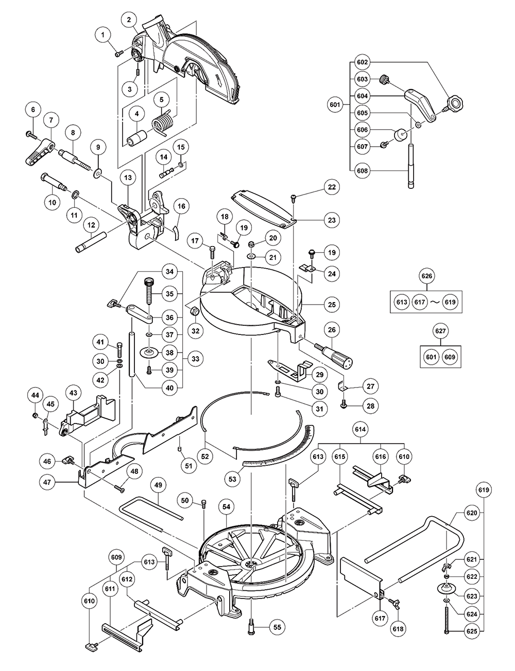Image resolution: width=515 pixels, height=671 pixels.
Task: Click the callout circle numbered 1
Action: click(x=103, y=35)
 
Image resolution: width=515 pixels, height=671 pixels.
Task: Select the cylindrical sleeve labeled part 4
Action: click(x=138, y=139)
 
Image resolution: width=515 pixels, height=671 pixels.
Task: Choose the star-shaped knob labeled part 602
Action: click(x=454, y=104)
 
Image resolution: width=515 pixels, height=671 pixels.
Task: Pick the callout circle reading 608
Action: click(x=363, y=171)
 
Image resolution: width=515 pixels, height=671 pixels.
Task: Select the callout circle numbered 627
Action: click(x=440, y=331)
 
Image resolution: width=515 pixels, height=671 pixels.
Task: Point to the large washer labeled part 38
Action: click(x=149, y=352)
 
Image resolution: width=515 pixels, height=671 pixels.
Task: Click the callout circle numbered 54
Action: click(x=227, y=507)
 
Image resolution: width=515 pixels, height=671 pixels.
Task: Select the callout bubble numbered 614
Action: click(x=360, y=429)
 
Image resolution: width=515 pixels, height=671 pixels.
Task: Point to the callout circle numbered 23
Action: click(x=332, y=220)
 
